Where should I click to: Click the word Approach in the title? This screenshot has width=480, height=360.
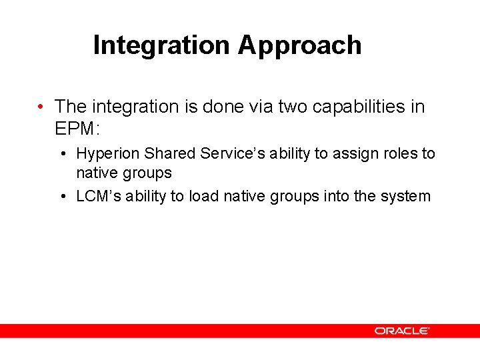pos(299,45)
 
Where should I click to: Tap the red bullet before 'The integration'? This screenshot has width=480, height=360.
pos(41,107)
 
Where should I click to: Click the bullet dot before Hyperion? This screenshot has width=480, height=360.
pos(61,154)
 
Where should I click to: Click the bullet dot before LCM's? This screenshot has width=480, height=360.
pos(61,197)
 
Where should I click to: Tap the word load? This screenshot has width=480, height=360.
pos(204,196)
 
